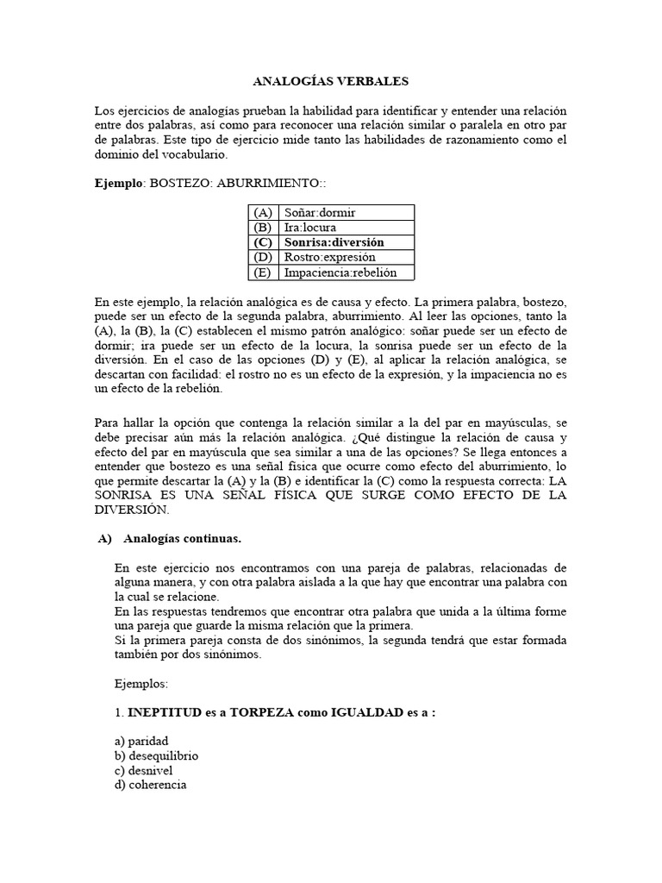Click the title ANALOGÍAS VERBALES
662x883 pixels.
coord(330,82)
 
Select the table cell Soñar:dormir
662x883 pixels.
coord(320,212)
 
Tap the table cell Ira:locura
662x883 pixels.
coord(313,228)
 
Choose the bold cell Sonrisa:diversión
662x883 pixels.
coord(334,242)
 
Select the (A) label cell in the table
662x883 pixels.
coord(262,212)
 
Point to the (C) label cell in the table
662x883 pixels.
coord(262,242)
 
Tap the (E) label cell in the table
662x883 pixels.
coord(262,272)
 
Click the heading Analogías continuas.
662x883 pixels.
coord(182,539)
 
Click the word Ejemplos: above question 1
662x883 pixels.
coord(142,683)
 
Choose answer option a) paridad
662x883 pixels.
coord(141,742)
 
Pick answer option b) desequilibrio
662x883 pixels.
coord(156,756)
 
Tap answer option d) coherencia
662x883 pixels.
coord(150,786)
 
